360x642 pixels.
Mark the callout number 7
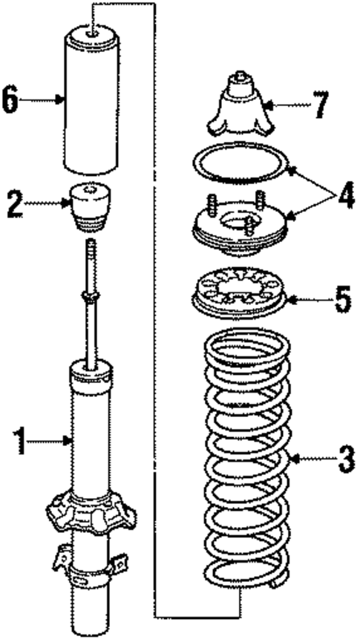tap(319, 105)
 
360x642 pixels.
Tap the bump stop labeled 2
tap(93, 209)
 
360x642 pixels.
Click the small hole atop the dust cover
tap(92, 31)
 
